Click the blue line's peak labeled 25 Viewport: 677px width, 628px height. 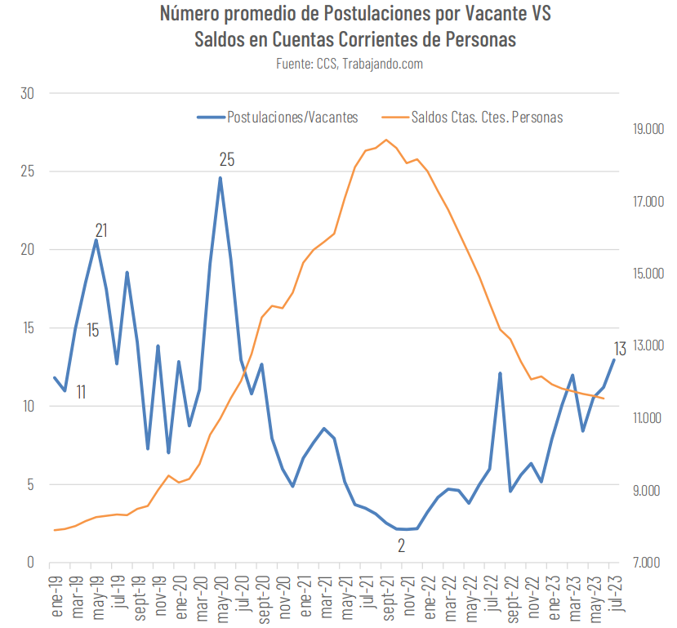pyautogui.click(x=220, y=178)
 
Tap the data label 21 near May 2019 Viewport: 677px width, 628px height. pyautogui.click(x=102, y=229)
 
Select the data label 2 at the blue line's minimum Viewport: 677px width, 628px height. pyautogui.click(x=401, y=546)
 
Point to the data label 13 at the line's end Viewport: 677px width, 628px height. pyautogui.click(x=620, y=349)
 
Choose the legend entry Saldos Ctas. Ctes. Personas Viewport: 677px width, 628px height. pyautogui.click(x=487, y=118)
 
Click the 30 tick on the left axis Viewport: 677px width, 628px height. pyautogui.click(x=27, y=93)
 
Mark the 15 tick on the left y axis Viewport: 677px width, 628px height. pyautogui.click(x=27, y=328)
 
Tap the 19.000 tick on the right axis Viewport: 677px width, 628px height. pyautogui.click(x=640, y=129)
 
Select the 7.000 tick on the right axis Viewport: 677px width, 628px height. pyautogui.click(x=640, y=563)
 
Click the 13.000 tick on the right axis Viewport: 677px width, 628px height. pyautogui.click(x=640, y=346)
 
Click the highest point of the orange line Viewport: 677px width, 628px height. pyautogui.click(x=386, y=140)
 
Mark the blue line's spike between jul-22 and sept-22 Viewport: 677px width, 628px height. pyautogui.click(x=500, y=373)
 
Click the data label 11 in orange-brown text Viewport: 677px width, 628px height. pyautogui.click(x=81, y=392)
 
